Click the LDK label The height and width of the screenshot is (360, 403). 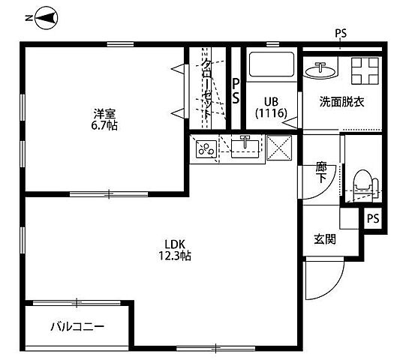pos(175,243)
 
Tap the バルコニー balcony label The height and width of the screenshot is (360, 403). pos(77,326)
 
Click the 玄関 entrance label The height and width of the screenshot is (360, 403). pos(324,239)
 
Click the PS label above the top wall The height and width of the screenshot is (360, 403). pos(341,34)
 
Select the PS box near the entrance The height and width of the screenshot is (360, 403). pos(373,218)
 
